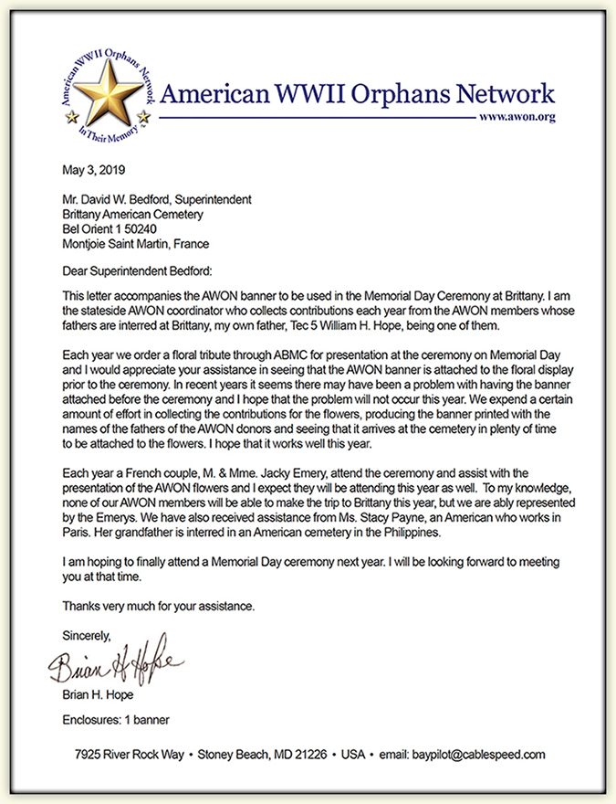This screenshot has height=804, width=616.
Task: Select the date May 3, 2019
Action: click(x=94, y=171)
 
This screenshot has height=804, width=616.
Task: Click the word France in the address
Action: click(x=189, y=244)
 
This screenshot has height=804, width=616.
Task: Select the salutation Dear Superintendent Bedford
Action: click(x=137, y=271)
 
